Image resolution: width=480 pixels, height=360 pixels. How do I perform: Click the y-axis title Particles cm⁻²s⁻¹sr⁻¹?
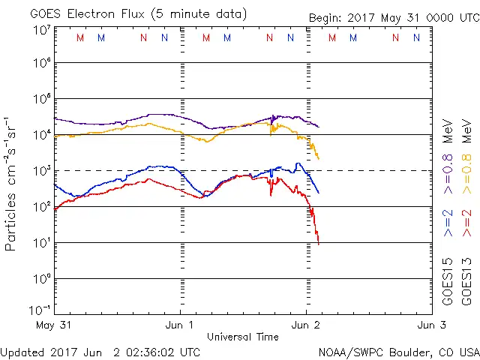[x=11, y=184]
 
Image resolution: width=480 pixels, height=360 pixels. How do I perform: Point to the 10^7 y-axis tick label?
[x=40, y=30]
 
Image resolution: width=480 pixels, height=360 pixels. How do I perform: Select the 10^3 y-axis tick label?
[x=40, y=171]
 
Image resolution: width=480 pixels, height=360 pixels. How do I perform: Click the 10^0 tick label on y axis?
[x=40, y=279]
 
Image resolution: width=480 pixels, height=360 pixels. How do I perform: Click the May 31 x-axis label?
[x=52, y=325]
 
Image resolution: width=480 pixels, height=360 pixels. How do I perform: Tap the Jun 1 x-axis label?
[x=180, y=325]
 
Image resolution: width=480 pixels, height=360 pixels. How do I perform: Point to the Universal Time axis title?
[x=242, y=337]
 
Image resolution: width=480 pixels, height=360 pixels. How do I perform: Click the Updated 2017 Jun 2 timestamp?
[x=100, y=352]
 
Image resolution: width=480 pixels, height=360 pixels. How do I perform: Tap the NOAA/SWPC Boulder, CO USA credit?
[x=398, y=352]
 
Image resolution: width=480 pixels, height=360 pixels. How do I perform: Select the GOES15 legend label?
[x=448, y=283]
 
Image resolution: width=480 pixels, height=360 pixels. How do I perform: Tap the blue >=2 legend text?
[x=448, y=223]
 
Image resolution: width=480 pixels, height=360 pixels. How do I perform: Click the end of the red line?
[x=319, y=243]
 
